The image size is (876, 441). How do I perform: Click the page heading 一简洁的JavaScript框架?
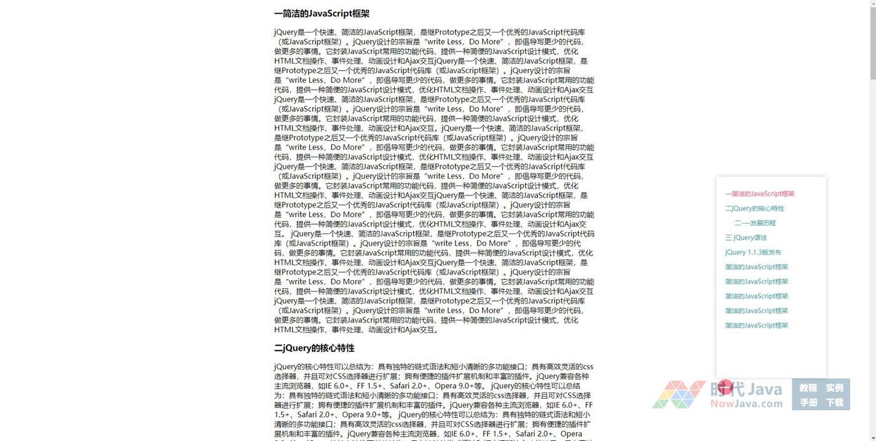(322, 14)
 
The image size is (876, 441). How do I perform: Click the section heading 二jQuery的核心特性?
(314, 348)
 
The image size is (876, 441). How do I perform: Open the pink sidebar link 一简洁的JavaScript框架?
(759, 194)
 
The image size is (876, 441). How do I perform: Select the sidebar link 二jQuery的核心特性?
(754, 209)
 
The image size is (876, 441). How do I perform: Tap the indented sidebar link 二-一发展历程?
(755, 224)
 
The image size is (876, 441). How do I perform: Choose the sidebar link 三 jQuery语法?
(746, 238)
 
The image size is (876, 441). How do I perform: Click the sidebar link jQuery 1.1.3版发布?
(753, 252)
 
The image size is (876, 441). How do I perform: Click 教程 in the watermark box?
(808, 388)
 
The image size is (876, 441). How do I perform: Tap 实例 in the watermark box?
(834, 388)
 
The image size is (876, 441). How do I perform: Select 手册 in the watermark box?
(808, 403)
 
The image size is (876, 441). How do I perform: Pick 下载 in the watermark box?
(834, 403)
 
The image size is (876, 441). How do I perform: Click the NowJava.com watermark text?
(746, 404)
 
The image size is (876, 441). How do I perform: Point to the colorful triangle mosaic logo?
(678, 394)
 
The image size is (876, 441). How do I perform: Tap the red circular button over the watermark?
(725, 387)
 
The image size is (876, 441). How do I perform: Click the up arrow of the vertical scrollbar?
(872, 4)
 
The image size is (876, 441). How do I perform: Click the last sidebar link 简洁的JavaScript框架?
(756, 326)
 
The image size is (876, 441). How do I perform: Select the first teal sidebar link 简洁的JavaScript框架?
(756, 267)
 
